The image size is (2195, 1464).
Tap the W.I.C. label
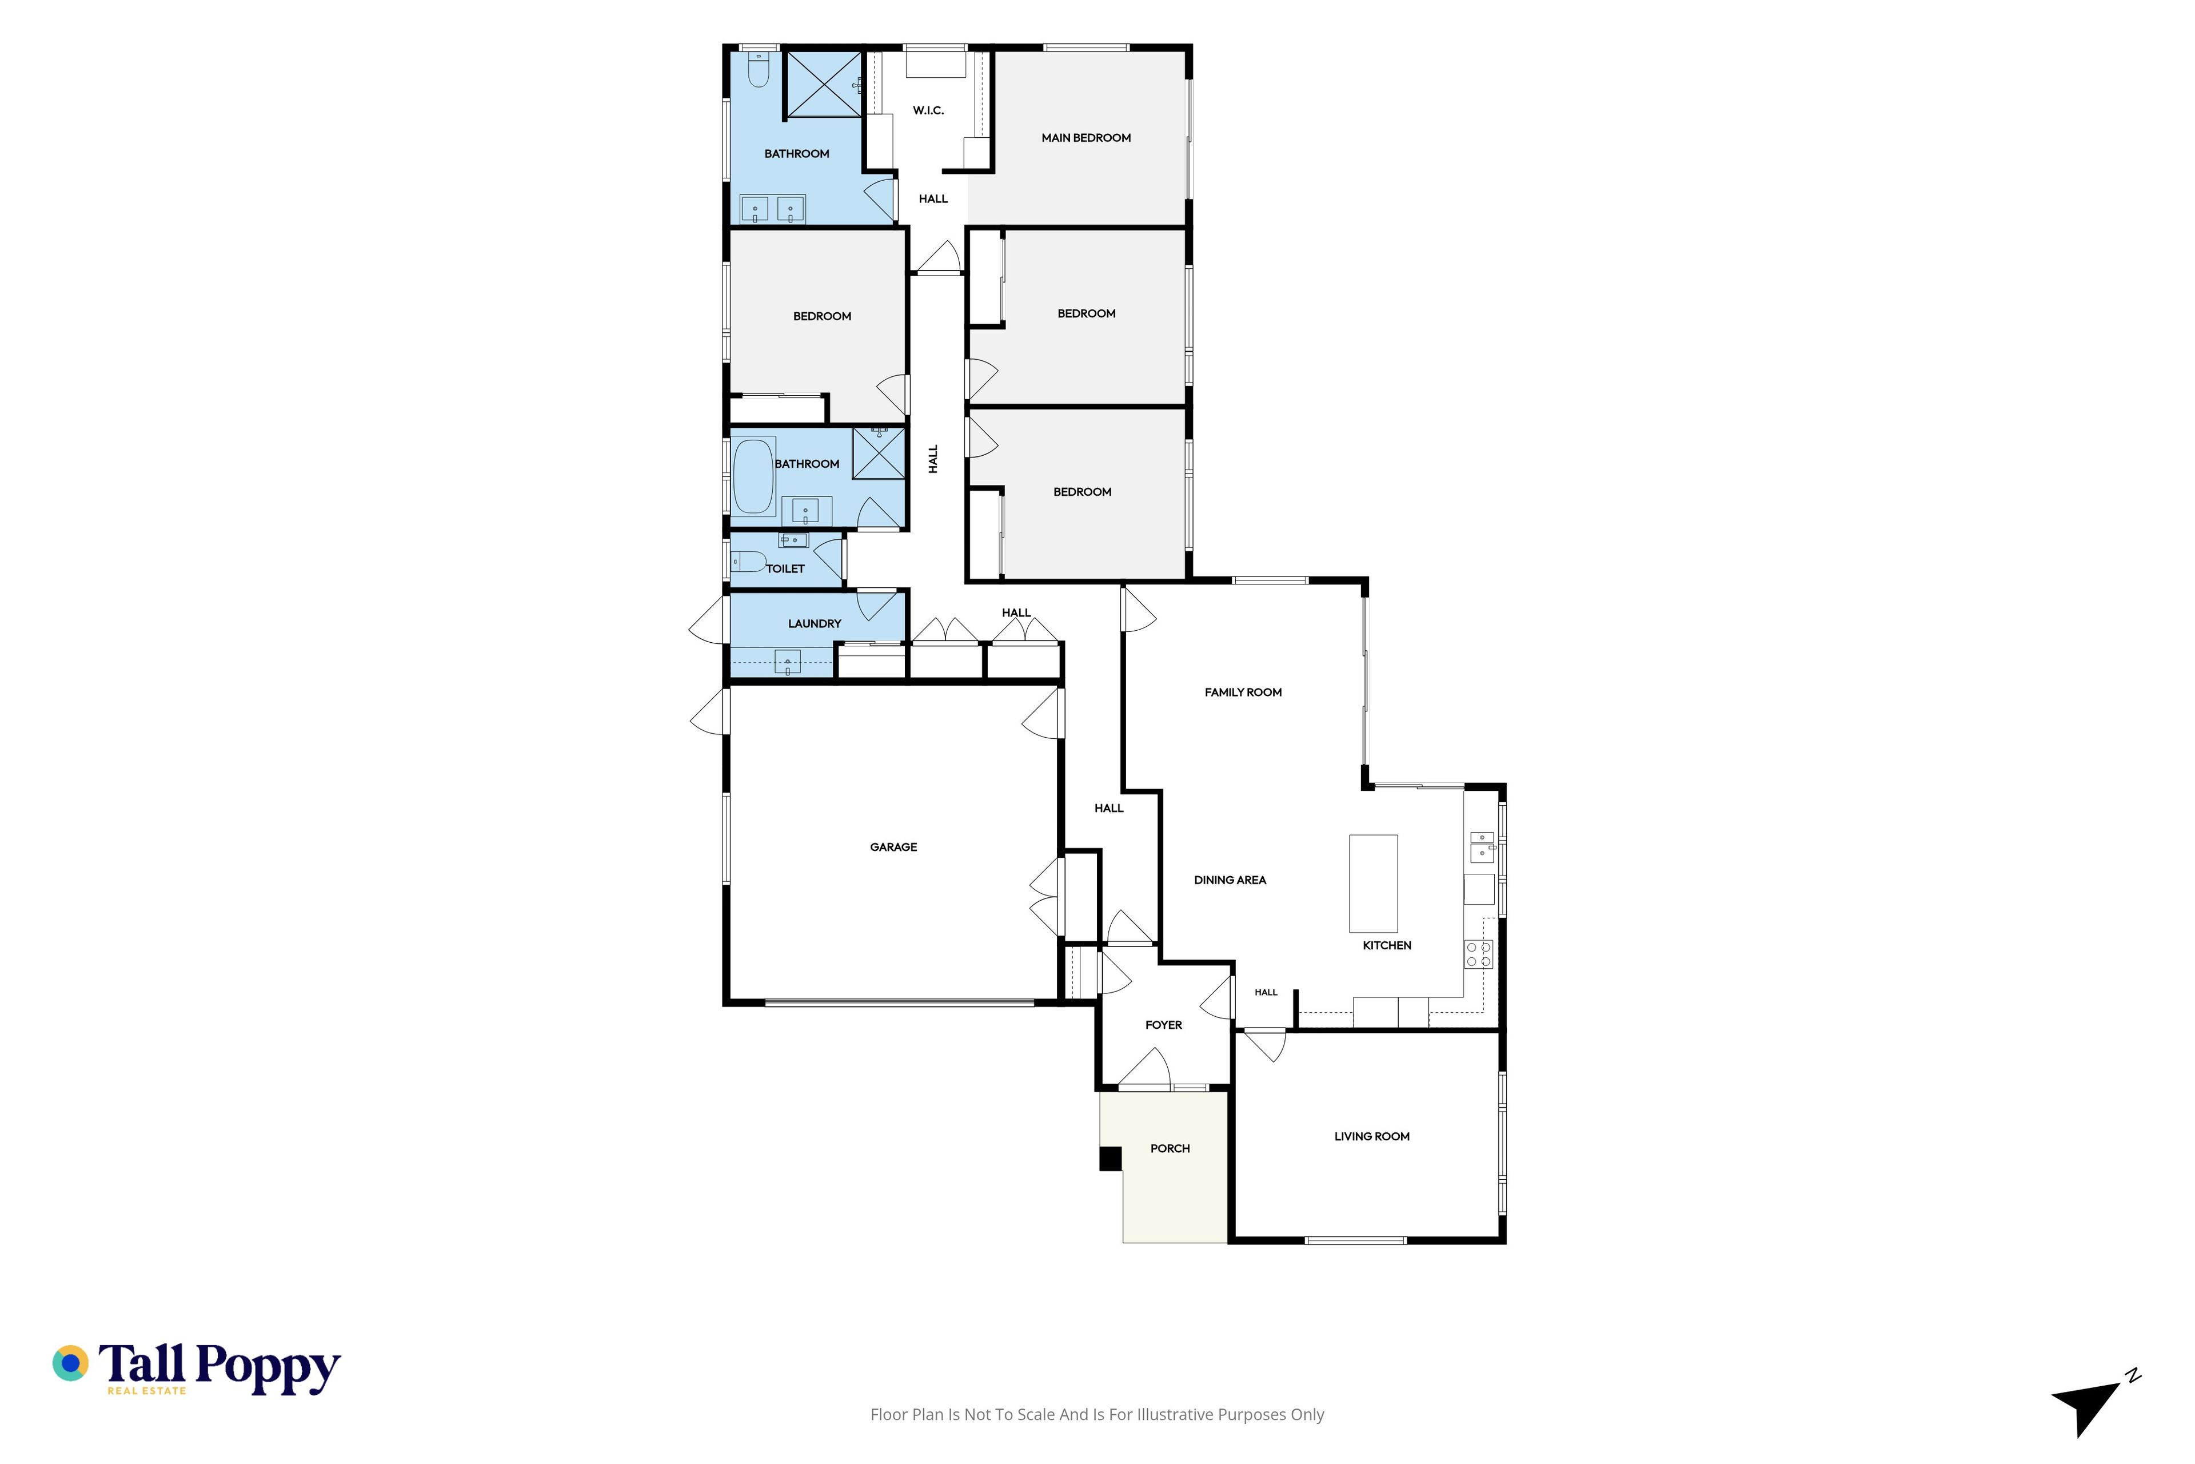928,110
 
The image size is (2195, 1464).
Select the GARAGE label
893,847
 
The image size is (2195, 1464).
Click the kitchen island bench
1373,883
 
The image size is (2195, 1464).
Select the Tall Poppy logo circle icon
70,1363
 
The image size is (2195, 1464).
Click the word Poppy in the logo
268,1368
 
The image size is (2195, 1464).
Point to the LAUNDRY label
814,624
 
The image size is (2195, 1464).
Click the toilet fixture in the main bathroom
758,70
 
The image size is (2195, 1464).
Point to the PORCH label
1170,1148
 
